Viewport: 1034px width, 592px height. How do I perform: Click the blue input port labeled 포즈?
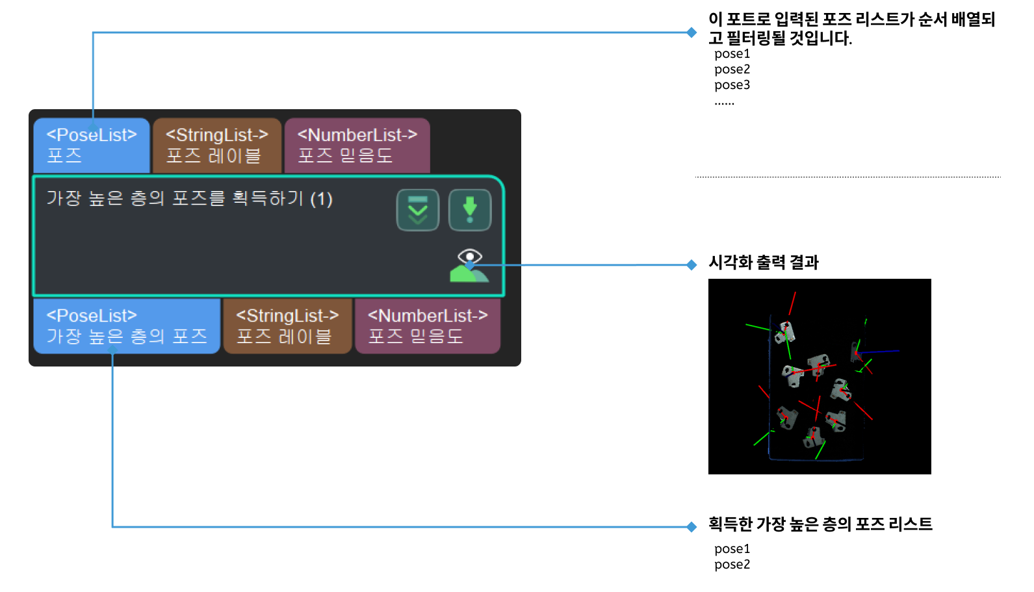tap(92, 145)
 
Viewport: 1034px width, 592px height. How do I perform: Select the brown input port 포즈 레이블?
tap(217, 145)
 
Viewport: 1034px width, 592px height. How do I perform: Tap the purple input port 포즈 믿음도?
tap(357, 145)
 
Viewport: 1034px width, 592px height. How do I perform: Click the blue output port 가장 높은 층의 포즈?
tap(127, 326)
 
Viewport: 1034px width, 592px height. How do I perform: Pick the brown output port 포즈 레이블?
tap(287, 326)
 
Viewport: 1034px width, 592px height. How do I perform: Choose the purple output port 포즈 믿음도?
tap(428, 326)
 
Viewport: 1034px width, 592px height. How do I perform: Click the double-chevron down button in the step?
tap(418, 210)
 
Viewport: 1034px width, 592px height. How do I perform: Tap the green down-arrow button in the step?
tap(470, 210)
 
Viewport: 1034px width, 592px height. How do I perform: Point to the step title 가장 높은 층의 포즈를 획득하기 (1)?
tap(189, 198)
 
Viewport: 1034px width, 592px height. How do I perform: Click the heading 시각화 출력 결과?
tap(764, 263)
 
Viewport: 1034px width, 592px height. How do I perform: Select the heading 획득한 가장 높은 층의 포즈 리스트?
tap(820, 524)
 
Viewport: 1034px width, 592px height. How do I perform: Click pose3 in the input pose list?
tap(732, 85)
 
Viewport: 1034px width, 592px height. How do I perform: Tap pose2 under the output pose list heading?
tap(732, 565)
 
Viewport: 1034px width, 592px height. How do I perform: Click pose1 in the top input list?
tap(732, 54)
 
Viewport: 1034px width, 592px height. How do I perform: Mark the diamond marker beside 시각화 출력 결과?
tap(691, 264)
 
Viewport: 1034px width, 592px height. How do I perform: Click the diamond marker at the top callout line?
tap(691, 32)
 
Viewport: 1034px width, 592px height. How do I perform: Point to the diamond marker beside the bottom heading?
tap(691, 527)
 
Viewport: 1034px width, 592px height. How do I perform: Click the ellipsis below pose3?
tap(724, 102)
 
